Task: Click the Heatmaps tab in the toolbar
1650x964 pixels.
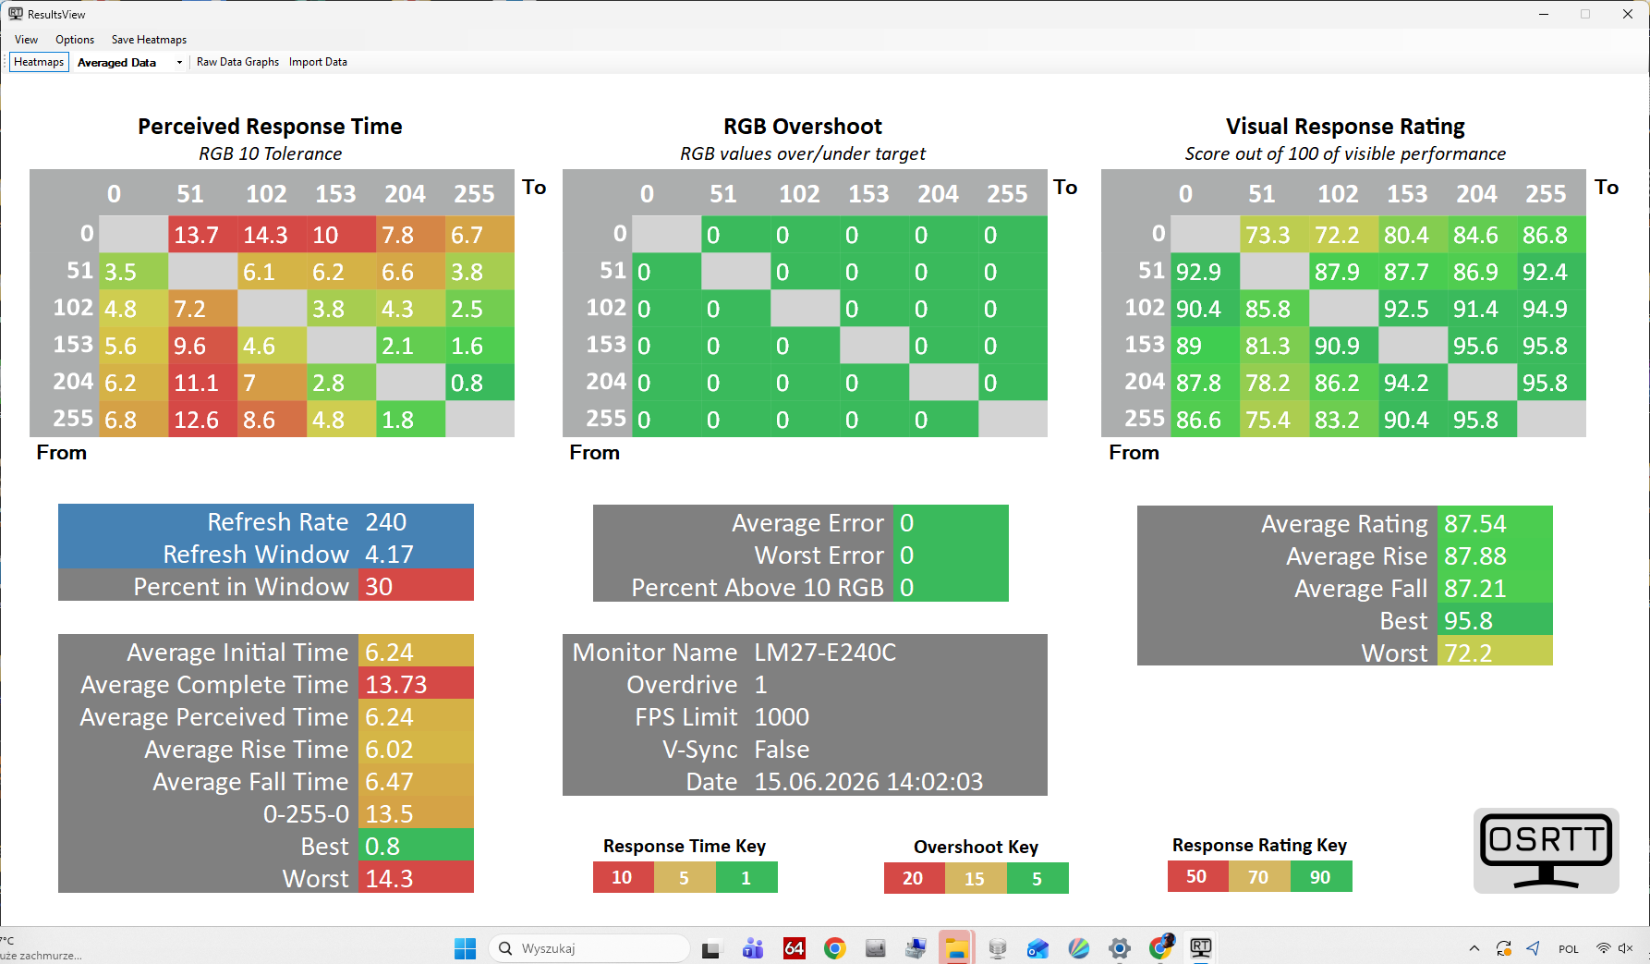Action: [39, 62]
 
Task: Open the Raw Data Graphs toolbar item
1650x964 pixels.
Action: [237, 62]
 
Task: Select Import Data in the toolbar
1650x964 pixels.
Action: [318, 62]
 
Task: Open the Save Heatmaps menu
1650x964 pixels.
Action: [149, 40]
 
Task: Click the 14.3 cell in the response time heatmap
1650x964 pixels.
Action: [272, 235]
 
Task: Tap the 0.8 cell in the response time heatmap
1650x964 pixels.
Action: [479, 383]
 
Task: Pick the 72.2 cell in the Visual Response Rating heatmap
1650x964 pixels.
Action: [1343, 235]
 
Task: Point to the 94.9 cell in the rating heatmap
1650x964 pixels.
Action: [1551, 309]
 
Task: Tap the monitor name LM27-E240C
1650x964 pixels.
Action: [825, 653]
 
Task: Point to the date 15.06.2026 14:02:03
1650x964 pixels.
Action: [868, 782]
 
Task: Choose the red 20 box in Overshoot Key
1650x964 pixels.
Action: [914, 878]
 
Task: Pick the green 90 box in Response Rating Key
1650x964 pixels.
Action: [1321, 876]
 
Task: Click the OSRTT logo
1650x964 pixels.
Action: [1547, 851]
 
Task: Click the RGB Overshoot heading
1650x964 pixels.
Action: [803, 127]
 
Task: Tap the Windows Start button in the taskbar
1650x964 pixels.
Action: [465, 948]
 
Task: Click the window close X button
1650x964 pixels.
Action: [1628, 14]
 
